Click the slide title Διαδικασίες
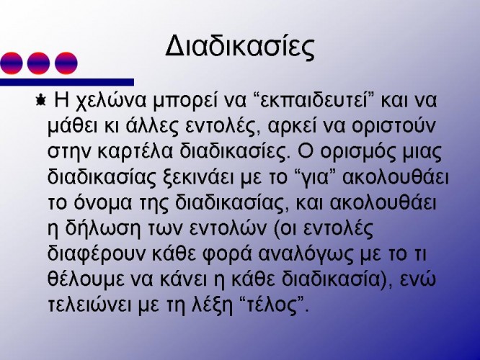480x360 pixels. pos(240,47)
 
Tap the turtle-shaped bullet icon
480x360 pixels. pos(40,100)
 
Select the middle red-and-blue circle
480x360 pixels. pos(38,63)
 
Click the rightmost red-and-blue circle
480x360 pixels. pos(66,63)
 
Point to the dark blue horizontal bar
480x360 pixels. pos(67,82)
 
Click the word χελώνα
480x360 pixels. pos(111,102)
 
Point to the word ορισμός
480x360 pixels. pos(356,152)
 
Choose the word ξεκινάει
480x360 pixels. pos(196,177)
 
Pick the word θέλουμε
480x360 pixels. pos(86,279)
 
